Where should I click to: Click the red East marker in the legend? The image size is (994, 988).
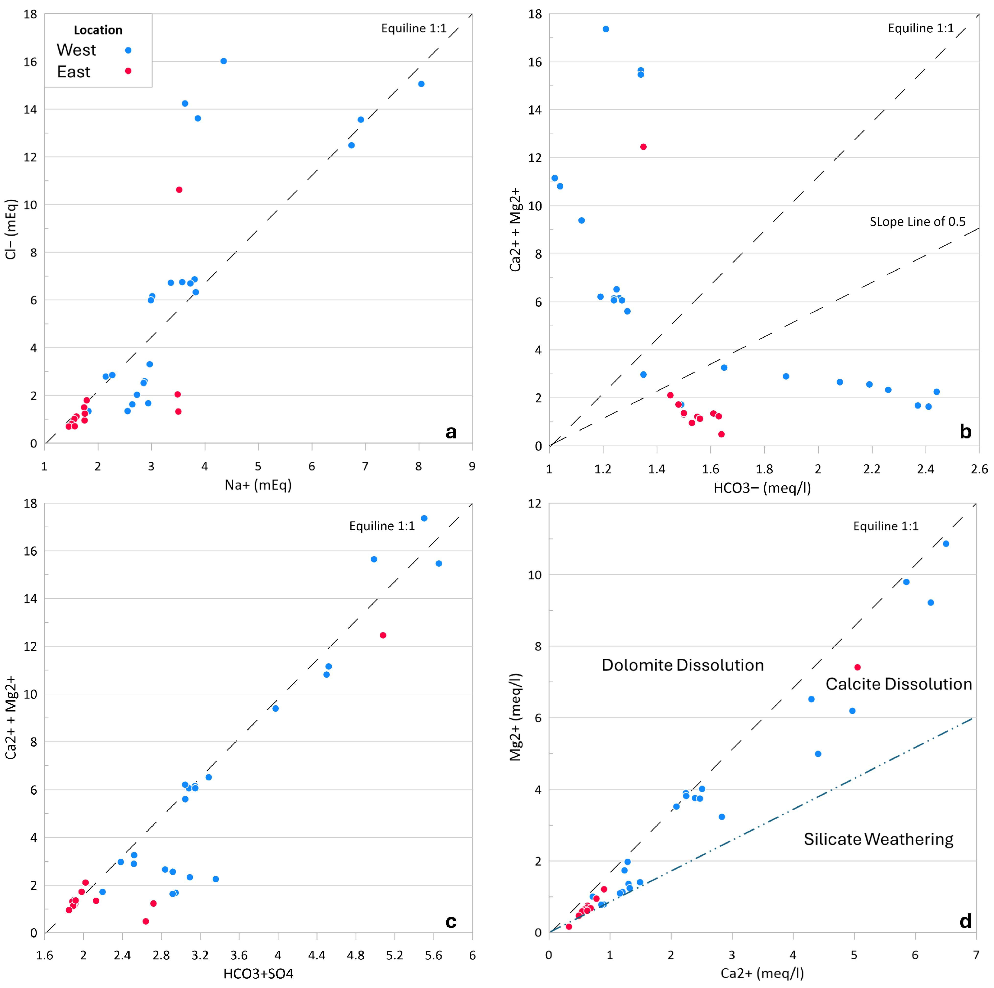coord(128,71)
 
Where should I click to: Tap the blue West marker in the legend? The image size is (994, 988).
coord(128,50)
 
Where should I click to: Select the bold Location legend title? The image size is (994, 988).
coord(98,30)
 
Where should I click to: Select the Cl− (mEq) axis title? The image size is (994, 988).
coord(11,229)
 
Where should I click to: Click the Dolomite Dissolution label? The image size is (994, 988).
coord(682,665)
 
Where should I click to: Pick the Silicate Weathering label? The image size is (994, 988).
coord(878,839)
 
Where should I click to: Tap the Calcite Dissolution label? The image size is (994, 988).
coord(898,684)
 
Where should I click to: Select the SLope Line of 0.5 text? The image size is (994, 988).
coord(917,222)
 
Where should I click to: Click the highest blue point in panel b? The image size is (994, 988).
coord(606,29)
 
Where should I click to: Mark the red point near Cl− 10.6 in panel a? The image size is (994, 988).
coord(179,190)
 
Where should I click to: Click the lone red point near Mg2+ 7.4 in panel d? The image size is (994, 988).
coord(857,667)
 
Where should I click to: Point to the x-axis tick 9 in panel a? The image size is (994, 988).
coord(472,466)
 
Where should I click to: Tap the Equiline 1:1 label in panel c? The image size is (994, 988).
coord(382,526)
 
